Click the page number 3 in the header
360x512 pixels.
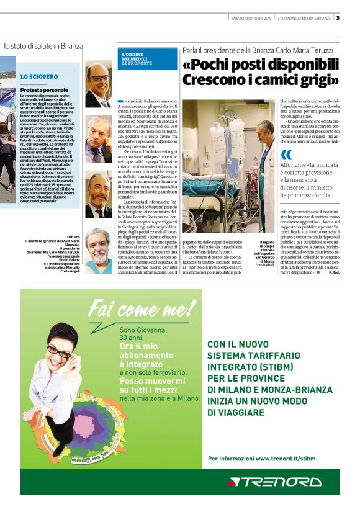(x=338, y=18)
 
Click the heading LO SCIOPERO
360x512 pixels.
(x=39, y=77)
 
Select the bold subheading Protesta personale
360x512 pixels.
(x=43, y=90)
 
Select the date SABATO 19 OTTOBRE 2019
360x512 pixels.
(x=251, y=18)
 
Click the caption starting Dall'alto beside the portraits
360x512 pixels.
(x=70, y=237)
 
